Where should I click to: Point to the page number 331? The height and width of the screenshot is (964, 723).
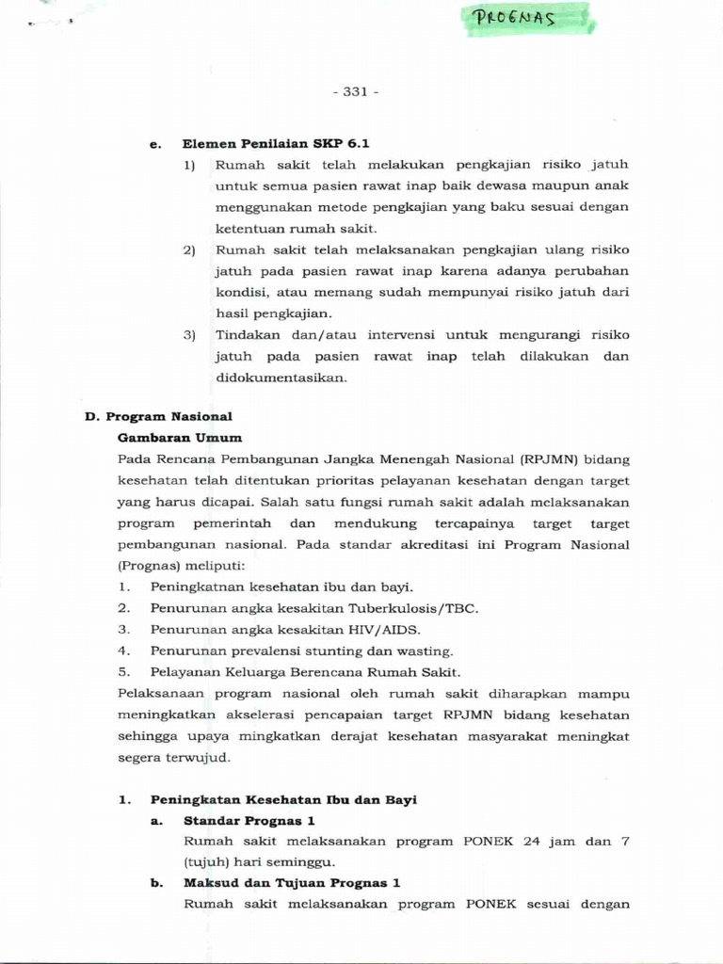pyautogui.click(x=355, y=91)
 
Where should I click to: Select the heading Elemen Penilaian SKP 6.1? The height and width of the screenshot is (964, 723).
pyautogui.click(x=276, y=143)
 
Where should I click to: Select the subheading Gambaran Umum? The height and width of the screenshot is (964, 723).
pyautogui.click(x=180, y=438)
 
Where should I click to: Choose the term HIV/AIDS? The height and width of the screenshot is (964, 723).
pyautogui.click(x=385, y=630)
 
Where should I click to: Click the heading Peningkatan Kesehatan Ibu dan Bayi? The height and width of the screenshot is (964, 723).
pyautogui.click(x=283, y=799)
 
